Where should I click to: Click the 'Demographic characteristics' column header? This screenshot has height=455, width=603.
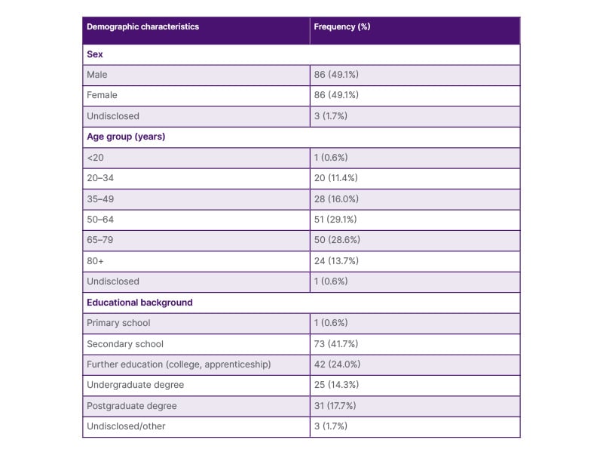[142, 26]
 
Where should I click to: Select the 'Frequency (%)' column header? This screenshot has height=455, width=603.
[341, 26]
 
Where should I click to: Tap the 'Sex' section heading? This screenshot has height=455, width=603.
[94, 55]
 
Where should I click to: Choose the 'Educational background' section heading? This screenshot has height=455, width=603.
[139, 303]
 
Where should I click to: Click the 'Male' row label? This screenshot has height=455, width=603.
[97, 75]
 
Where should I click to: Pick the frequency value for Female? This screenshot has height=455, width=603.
[336, 96]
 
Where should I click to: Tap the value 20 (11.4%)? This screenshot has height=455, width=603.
[335, 178]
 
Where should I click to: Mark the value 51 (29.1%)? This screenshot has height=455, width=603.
[335, 220]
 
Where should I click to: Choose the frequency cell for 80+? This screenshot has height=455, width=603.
[336, 261]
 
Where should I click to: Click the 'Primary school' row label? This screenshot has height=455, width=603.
[118, 323]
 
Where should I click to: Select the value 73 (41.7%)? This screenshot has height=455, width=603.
[336, 344]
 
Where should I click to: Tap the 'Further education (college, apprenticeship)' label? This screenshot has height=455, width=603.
[179, 364]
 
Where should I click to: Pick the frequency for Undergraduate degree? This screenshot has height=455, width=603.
[336, 385]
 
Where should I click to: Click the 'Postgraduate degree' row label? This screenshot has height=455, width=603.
[131, 406]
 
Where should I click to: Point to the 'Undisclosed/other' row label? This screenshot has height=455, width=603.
[126, 426]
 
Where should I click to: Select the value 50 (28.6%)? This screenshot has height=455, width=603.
[336, 240]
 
